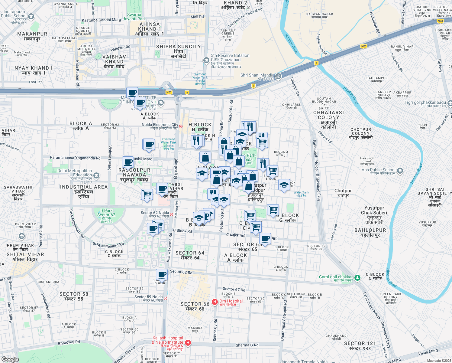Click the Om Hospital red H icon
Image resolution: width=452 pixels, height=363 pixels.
point(215,302)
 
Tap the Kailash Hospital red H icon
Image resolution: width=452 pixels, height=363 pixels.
point(188,342)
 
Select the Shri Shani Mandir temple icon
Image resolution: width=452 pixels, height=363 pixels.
point(278,76)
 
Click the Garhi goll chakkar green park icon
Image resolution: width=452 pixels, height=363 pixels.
point(357,277)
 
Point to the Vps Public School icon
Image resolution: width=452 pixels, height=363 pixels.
point(400,171)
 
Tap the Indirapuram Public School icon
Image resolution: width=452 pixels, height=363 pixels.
point(31,16)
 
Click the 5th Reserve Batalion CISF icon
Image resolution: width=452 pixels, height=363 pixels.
point(206,60)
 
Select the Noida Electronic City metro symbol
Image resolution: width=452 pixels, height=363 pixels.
point(181,126)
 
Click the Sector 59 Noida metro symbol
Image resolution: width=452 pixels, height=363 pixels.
point(165,298)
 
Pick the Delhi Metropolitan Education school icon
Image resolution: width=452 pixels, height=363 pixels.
point(96,175)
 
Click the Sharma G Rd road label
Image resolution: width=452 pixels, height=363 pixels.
point(247,345)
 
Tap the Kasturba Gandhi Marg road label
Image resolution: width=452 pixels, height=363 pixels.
point(101,20)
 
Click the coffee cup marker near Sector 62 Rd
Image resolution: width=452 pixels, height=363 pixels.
point(162,275)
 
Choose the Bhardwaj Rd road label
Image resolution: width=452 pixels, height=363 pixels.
point(69,342)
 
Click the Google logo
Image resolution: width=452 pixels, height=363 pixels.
point(10,359)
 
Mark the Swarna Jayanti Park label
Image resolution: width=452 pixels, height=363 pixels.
point(134,17)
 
